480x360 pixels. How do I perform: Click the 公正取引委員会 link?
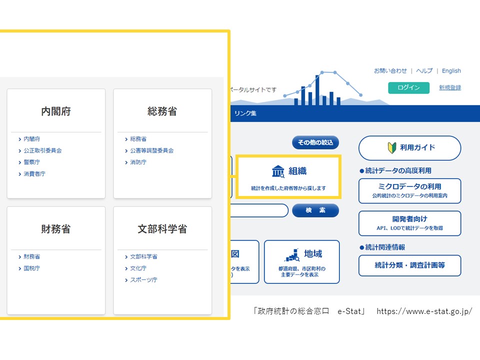pos(42,150)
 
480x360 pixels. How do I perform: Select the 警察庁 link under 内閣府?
pos(31,162)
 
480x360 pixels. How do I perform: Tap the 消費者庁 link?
pos(34,174)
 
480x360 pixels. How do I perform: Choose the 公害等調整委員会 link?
pos(152,150)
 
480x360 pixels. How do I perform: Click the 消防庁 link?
pos(138,162)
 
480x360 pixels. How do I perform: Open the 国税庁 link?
pos(31,268)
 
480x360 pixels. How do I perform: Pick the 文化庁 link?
pos(138,268)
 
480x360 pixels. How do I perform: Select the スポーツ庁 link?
pos(143,280)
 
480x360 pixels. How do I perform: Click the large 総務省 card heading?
pos(162,111)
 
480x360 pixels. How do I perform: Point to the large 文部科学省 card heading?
pos(162,228)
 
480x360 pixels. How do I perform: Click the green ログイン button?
pos(408,87)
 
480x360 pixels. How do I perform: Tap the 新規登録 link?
pos(450,87)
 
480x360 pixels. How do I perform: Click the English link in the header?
pos(451,70)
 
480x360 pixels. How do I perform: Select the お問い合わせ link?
pos(390,70)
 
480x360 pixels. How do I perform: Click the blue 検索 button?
pos(315,210)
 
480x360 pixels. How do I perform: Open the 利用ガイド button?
pos(409,148)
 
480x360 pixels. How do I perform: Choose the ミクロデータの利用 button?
pos(409,190)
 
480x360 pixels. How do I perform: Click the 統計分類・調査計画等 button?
pos(409,265)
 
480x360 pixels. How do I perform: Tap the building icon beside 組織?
pos(278,171)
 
